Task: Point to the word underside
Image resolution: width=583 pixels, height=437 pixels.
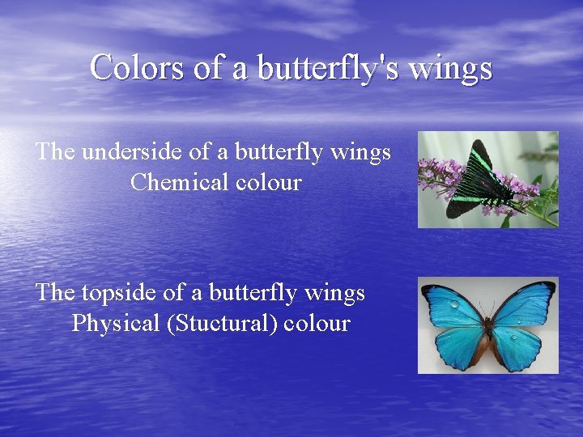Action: [123, 151]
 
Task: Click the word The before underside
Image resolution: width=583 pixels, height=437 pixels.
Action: [54, 151]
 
